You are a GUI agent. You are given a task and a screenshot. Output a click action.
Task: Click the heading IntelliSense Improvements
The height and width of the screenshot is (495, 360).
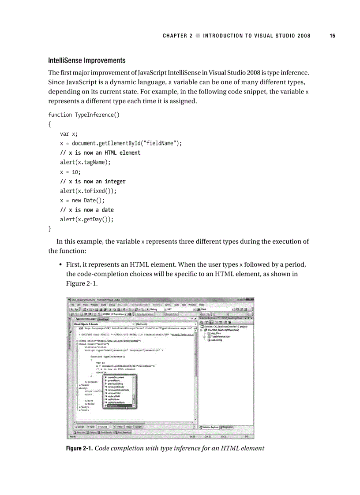click(x=86, y=60)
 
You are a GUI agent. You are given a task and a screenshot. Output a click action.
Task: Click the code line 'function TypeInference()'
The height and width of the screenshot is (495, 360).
click(x=83, y=115)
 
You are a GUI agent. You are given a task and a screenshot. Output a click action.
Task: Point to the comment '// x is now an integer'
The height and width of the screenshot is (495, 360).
click(x=93, y=181)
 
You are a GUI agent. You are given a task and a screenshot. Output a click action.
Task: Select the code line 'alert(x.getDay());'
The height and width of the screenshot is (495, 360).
click(x=86, y=219)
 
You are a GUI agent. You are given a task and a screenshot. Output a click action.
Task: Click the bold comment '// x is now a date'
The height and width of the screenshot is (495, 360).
click(x=86, y=210)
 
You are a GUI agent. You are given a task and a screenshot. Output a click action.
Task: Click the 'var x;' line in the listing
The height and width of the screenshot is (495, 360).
click(x=69, y=134)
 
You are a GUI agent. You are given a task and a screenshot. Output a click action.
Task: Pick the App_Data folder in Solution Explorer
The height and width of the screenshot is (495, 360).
click(x=216, y=333)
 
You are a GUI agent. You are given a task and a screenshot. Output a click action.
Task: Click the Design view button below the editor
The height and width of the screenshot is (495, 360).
click(x=80, y=427)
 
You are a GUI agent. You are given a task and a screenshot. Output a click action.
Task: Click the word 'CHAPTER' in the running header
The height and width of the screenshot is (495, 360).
click(x=175, y=36)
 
